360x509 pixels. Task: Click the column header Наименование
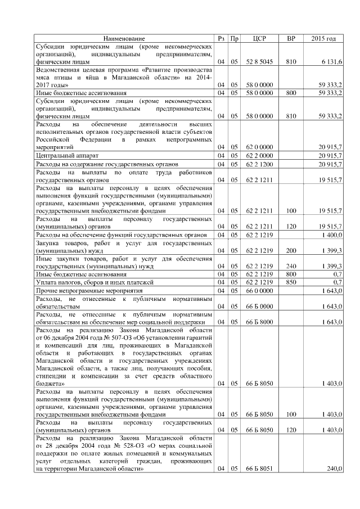point(124,38)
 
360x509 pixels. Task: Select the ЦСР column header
point(259,38)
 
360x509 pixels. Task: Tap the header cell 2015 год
point(323,38)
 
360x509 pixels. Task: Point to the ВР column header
point(291,38)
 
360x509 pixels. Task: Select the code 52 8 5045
point(259,61)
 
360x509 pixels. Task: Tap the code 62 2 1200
point(259,164)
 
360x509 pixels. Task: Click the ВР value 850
point(291,281)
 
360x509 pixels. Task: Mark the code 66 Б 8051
point(259,469)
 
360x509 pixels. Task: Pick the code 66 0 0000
point(259,290)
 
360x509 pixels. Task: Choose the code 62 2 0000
point(259,155)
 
